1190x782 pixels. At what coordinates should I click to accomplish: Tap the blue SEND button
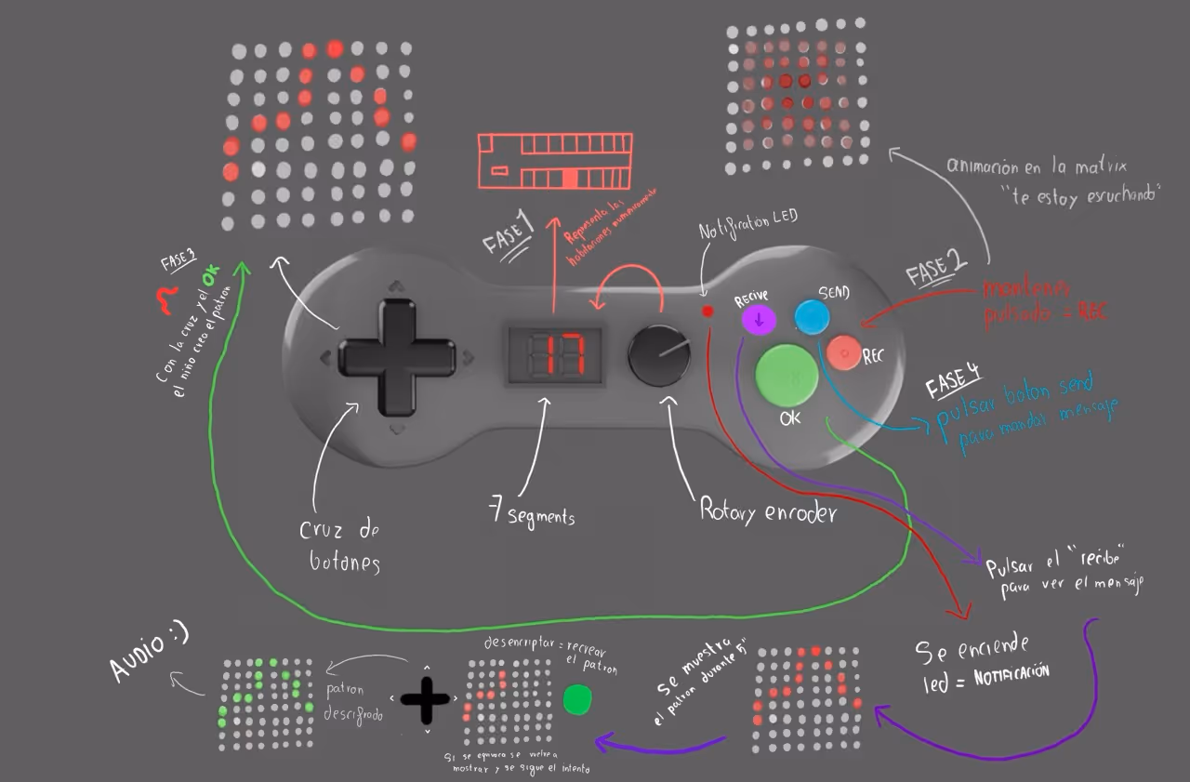tap(812, 316)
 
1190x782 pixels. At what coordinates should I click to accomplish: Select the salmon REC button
tap(844, 352)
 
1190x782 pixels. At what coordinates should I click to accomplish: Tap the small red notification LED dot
tap(707, 311)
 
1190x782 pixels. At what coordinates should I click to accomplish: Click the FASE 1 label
tap(509, 232)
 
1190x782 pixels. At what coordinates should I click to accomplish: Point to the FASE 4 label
tap(953, 381)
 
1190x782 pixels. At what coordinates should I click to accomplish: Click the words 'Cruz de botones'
tap(339, 546)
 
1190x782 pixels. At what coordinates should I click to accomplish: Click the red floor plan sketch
tap(555, 162)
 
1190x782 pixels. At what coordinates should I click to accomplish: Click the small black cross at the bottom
tap(426, 699)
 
